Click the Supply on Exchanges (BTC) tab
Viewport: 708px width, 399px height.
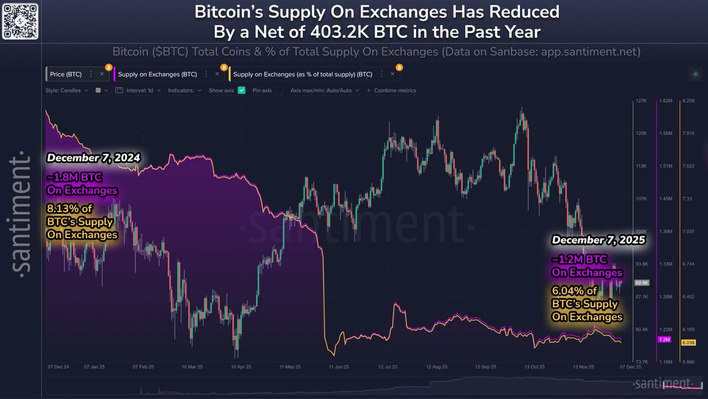157,74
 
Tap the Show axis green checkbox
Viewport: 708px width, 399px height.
242,90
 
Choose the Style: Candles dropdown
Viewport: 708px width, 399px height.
67,90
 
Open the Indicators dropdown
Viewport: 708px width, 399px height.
185,90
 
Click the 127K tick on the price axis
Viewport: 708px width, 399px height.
641,101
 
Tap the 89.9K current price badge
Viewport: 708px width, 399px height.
642,283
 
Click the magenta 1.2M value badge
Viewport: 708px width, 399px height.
664,340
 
